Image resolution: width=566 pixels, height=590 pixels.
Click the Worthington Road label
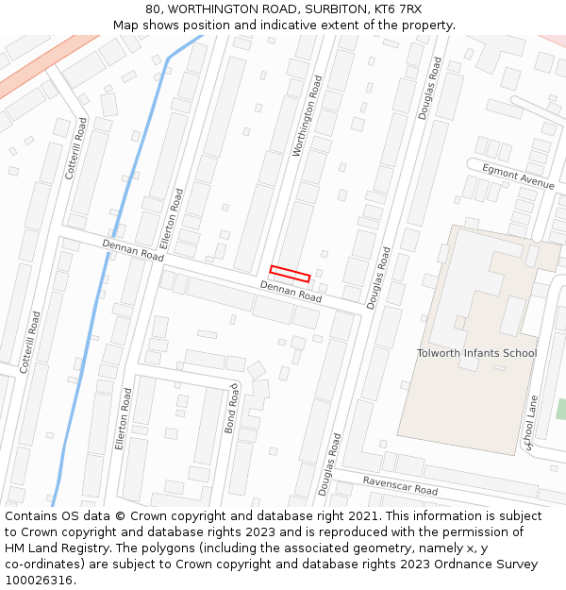[308, 116]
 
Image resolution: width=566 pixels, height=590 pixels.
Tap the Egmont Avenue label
[518, 177]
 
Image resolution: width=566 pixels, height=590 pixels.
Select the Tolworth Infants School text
[476, 353]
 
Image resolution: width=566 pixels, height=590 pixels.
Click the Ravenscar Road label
[400, 485]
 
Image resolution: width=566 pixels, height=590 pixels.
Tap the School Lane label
[531, 423]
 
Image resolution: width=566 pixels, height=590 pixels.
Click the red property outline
[290, 274]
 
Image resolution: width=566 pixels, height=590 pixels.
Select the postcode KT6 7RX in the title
[397, 9]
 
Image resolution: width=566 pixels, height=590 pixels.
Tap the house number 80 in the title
[153, 9]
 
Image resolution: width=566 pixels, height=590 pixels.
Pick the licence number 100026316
[40, 581]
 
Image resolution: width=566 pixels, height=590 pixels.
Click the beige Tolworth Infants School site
[453, 396]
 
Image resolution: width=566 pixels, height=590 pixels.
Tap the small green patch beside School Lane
[561, 409]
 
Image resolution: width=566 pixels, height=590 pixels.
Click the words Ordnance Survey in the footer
[491, 565]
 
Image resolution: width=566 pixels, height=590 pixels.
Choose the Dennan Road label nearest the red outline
[291, 291]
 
